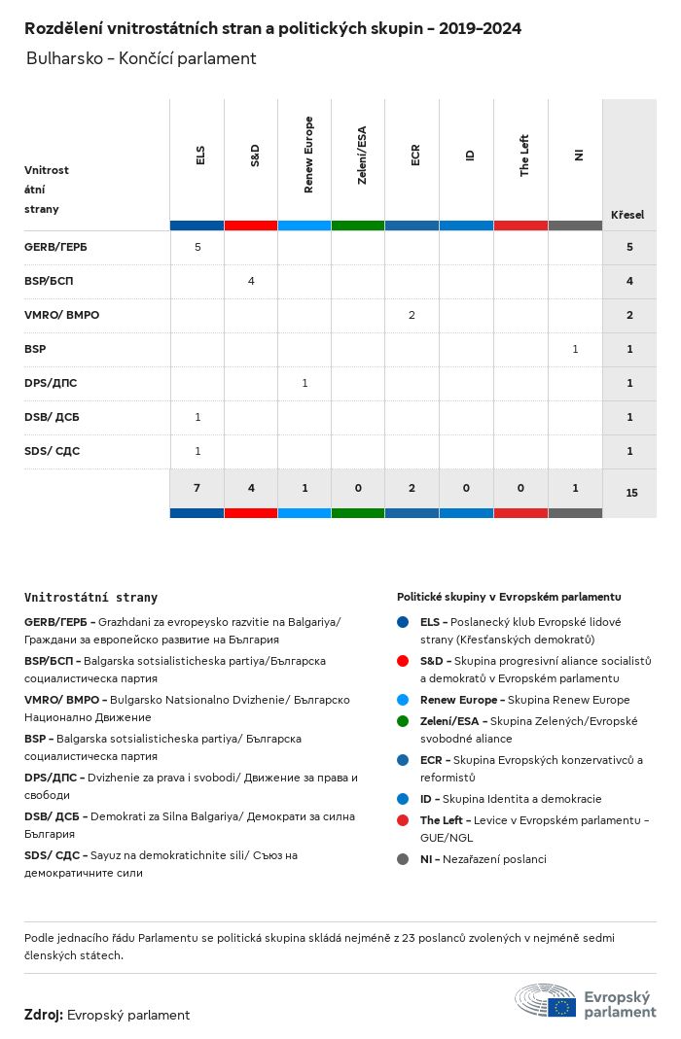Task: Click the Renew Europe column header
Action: tap(308, 155)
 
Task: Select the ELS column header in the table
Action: tap(200, 155)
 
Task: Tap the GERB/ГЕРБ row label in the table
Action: tap(55, 247)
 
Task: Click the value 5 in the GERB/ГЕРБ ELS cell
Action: tap(197, 247)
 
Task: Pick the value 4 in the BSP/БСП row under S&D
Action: tap(251, 281)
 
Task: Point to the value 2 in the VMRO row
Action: tap(412, 315)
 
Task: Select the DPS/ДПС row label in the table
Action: tap(49, 383)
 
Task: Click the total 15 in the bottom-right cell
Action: tap(631, 493)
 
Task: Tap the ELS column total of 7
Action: tap(197, 488)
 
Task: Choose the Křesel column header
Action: tap(627, 214)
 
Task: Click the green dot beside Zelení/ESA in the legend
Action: tap(403, 721)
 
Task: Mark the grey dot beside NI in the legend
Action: tap(403, 859)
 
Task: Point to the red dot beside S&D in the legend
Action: tap(403, 661)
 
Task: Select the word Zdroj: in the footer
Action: tap(44, 1015)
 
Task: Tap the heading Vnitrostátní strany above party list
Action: tap(90, 598)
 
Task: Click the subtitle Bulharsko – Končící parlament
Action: tap(141, 58)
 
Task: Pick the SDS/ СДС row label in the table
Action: tap(53, 451)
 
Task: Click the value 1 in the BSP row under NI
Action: tap(575, 349)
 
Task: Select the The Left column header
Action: tap(524, 155)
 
